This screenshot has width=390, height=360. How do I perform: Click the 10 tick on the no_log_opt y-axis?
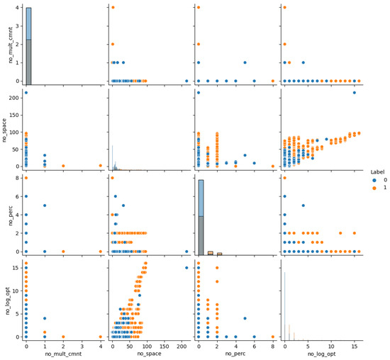point(16,291)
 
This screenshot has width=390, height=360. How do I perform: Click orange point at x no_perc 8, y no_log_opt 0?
point(272,337)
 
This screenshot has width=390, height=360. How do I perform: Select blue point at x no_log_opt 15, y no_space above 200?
point(354,93)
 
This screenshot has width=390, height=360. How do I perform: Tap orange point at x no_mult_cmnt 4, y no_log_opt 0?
point(100,337)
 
